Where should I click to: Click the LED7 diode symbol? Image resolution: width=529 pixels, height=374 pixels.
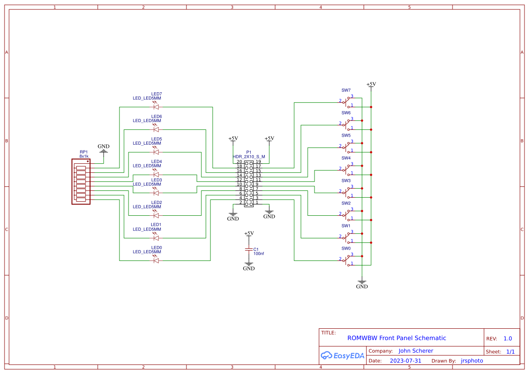pyautogui.click(x=156, y=107)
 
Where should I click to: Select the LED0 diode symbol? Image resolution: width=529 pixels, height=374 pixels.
pyautogui.click(x=156, y=260)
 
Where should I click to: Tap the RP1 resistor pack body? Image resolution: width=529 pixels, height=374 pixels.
pyautogui.click(x=81, y=181)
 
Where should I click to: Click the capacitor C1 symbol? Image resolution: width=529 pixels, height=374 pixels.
pyautogui.click(x=248, y=249)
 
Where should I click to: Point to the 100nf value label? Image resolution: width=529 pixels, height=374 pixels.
pyautogui.click(x=258, y=254)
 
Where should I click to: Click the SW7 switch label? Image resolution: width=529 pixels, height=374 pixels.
pyautogui.click(x=346, y=90)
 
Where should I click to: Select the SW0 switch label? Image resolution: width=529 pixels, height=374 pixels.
pyautogui.click(x=346, y=248)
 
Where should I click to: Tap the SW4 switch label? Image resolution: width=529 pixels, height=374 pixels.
pyautogui.click(x=346, y=158)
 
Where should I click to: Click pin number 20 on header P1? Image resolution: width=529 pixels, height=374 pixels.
pyautogui.click(x=239, y=162)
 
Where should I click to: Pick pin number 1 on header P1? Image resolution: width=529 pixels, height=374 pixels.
pyautogui.click(x=257, y=203)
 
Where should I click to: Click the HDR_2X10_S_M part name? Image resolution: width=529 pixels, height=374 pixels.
pyautogui.click(x=249, y=156)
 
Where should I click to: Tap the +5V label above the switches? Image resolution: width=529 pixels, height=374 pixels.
pyautogui.click(x=371, y=84)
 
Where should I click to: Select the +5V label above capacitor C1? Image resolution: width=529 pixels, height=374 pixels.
pyautogui.click(x=249, y=233)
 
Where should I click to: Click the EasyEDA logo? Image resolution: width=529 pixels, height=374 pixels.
pyautogui.click(x=343, y=355)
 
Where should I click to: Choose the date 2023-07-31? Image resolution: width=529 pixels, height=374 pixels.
pyautogui.click(x=405, y=361)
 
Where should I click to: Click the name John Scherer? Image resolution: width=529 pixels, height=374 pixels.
pyautogui.click(x=415, y=351)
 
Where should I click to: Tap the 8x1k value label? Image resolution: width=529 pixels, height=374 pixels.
pyautogui.click(x=84, y=156)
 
